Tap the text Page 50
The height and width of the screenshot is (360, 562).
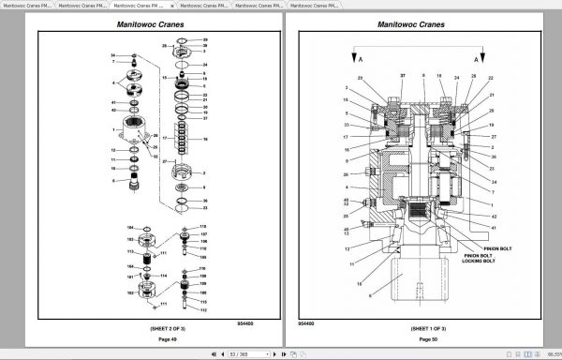click(417, 338)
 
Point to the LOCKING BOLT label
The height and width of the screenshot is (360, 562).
click(479, 260)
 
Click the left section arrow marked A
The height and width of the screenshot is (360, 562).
click(353, 58)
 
